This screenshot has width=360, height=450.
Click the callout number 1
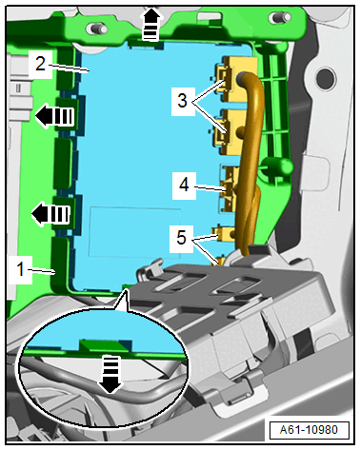(20, 269)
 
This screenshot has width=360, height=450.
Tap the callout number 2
(40, 64)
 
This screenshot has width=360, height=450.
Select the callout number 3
(182, 101)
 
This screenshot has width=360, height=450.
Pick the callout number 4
(184, 185)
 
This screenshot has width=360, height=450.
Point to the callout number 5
(181, 237)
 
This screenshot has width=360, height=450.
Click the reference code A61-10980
(309, 430)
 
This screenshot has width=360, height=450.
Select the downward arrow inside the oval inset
(110, 374)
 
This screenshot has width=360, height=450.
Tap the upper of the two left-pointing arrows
(54, 116)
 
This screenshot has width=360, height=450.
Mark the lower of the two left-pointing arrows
(50, 214)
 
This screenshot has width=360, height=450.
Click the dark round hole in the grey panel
(325, 78)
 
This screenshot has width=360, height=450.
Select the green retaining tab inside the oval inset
(105, 345)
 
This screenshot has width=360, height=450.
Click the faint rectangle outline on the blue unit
(135, 232)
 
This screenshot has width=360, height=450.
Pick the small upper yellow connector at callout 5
(225, 234)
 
